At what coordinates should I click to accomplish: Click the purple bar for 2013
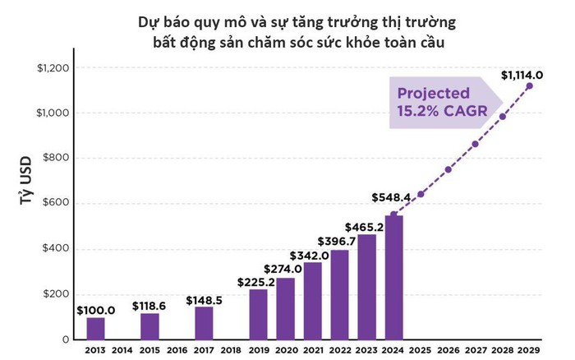(x=95, y=328)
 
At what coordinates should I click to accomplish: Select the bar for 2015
(x=149, y=325)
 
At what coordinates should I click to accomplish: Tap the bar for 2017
(x=204, y=323)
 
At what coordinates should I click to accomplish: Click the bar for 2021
(x=313, y=301)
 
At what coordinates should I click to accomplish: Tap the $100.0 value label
(x=95, y=309)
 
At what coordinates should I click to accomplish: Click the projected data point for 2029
(x=529, y=86)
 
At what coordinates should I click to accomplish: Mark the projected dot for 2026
(x=448, y=170)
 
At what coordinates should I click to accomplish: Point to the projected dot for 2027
(x=475, y=145)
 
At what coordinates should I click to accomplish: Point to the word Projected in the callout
(x=434, y=93)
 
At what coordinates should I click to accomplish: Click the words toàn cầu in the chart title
(x=419, y=42)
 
